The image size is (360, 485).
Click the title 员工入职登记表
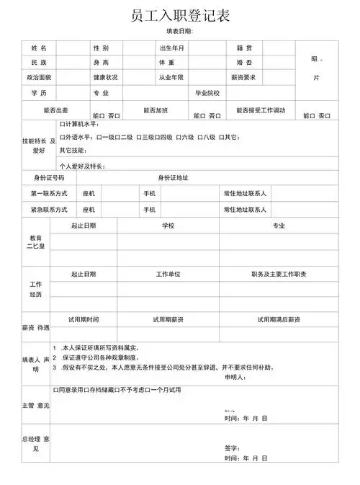click(181, 15)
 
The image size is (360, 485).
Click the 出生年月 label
click(172, 48)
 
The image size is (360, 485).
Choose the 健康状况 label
click(105, 77)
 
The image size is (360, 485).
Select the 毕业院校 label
click(207, 93)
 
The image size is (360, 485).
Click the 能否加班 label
click(156, 110)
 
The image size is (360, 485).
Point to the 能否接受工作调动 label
click(261, 110)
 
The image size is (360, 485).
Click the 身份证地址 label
click(173, 177)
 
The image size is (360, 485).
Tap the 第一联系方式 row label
click(49, 193)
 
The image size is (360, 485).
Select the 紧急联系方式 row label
click(49, 210)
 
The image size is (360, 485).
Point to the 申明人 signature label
click(235, 377)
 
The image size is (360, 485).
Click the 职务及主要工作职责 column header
click(279, 275)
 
